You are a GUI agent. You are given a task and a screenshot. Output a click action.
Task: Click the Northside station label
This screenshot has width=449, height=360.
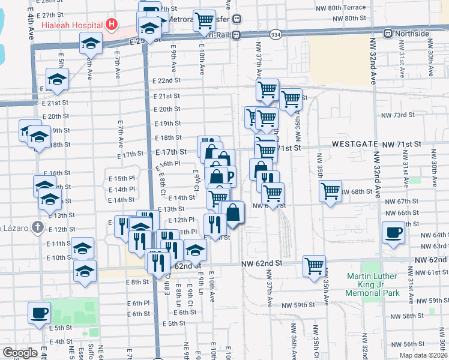coord(414,33)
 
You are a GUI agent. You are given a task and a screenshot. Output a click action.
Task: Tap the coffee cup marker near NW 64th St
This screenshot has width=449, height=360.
coord(394,232)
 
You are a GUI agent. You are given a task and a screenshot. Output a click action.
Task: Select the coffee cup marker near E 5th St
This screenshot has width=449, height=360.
coord(40,313)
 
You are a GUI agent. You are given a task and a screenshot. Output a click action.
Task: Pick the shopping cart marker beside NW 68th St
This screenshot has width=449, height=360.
coord(330,191)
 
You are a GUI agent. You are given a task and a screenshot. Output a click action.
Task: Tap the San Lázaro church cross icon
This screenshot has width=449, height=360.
coord(37,227)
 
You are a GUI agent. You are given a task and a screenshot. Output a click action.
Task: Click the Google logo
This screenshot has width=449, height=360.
coord(20,353)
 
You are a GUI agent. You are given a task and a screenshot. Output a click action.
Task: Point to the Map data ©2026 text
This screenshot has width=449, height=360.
coord(423,355)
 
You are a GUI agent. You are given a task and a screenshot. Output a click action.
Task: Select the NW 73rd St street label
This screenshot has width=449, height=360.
coord(395,115)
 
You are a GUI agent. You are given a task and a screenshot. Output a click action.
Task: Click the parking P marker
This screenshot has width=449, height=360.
coord(229,175)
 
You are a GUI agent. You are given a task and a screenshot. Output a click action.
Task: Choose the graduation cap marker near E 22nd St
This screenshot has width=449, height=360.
coord(57,79)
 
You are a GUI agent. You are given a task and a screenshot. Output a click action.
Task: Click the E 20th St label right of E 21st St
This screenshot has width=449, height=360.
coord(167,109)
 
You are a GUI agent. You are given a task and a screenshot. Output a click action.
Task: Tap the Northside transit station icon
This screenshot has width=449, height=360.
coord(388,33)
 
